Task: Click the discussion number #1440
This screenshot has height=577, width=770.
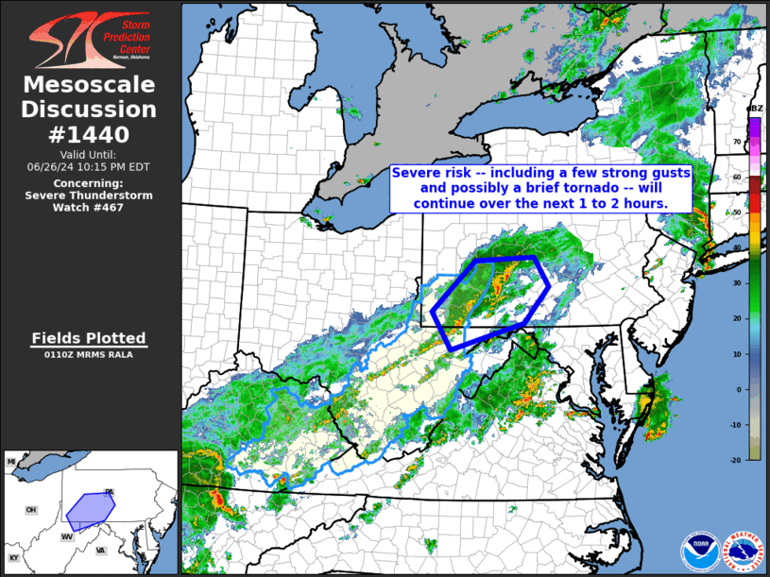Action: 90,134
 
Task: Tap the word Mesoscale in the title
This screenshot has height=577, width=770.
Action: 90,85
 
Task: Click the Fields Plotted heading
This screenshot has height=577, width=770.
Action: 89,338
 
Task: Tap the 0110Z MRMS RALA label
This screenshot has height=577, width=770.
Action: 89,355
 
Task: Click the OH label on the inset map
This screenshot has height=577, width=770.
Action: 30,510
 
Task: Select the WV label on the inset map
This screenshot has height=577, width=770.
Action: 68,536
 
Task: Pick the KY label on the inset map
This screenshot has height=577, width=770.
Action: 13,558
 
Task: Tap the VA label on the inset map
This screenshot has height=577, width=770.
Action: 101,551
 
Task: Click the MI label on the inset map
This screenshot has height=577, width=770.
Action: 11,461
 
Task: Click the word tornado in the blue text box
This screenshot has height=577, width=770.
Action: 571,189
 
